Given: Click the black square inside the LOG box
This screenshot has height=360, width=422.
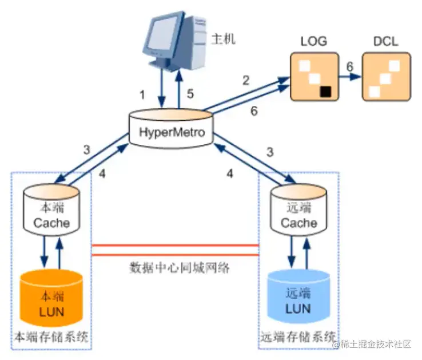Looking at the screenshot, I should [325, 90].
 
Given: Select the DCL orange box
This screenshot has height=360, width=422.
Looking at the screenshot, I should [386, 77].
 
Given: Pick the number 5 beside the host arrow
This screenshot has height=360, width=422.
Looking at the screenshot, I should [191, 93].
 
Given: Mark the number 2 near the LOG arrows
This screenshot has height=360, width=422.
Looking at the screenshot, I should [246, 80].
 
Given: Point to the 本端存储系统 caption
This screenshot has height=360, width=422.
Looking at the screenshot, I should [52, 337].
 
